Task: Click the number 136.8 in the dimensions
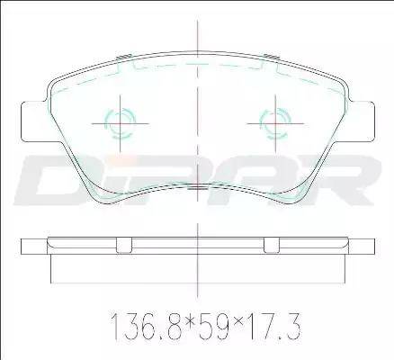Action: click(147, 327)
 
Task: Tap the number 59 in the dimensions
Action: click(213, 327)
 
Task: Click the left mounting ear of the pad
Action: click(34, 121)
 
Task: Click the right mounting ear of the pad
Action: click(362, 121)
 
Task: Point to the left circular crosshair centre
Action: click(120, 123)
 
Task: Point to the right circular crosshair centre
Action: click(275, 123)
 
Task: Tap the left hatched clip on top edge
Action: click(123, 57)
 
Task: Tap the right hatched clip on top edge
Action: click(272, 57)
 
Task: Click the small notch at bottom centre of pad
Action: click(197, 187)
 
